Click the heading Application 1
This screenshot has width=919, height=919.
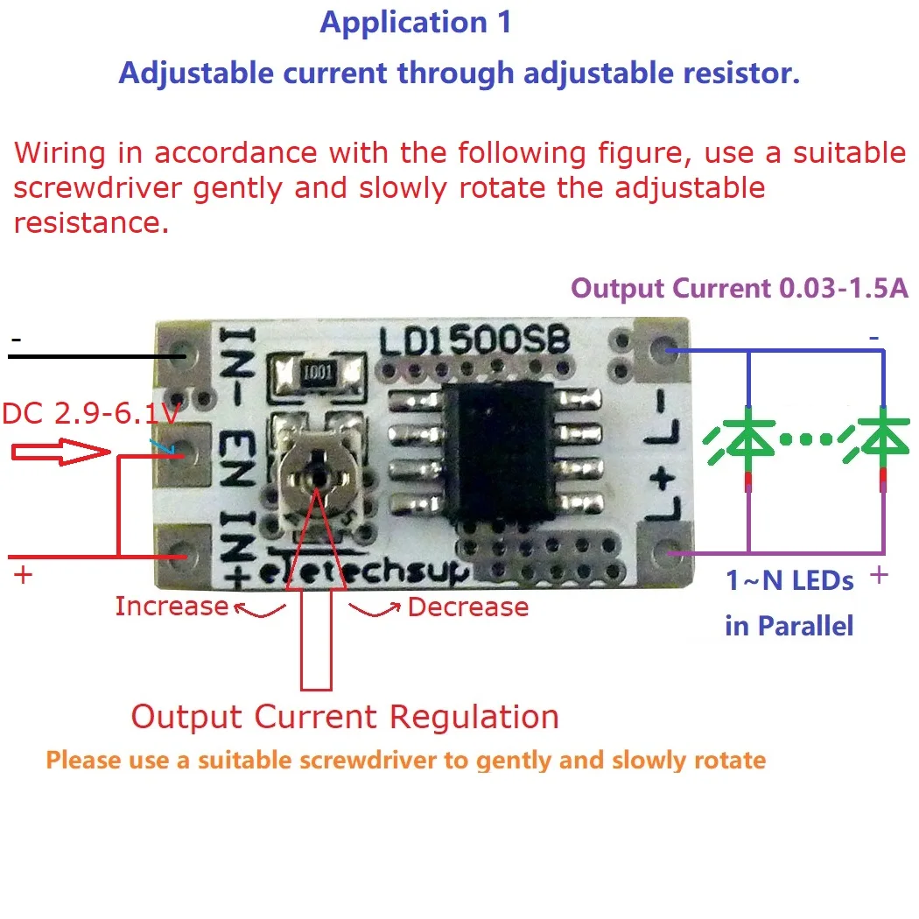tap(416, 23)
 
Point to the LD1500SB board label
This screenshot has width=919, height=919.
tap(474, 340)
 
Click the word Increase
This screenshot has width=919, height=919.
tap(171, 606)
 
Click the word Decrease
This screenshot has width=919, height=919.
tap(468, 607)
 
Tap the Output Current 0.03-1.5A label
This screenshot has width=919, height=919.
tap(740, 288)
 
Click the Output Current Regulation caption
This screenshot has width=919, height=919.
tap(345, 717)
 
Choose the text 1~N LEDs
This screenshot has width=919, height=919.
tap(789, 580)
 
